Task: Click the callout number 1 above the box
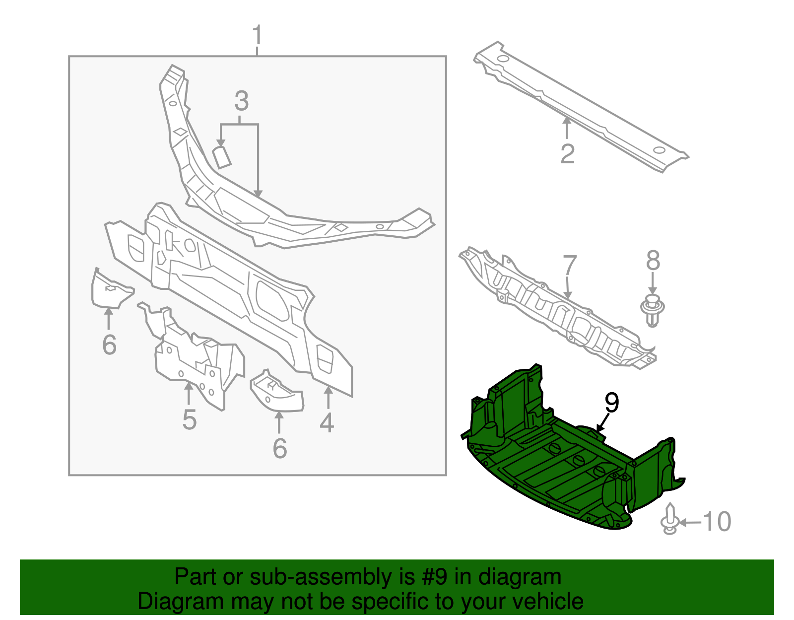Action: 257,35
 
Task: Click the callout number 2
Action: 567,153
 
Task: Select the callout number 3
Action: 241,101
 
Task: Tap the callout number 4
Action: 327,423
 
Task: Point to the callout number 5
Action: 189,419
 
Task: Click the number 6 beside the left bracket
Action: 109,344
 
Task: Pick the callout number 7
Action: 570,266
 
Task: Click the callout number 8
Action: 653,261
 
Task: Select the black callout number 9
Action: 612,403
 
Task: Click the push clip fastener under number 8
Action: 653,310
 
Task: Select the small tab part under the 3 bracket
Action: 222,157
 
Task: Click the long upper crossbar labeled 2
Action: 581,107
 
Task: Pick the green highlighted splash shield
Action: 566,462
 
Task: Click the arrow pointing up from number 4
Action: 328,397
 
